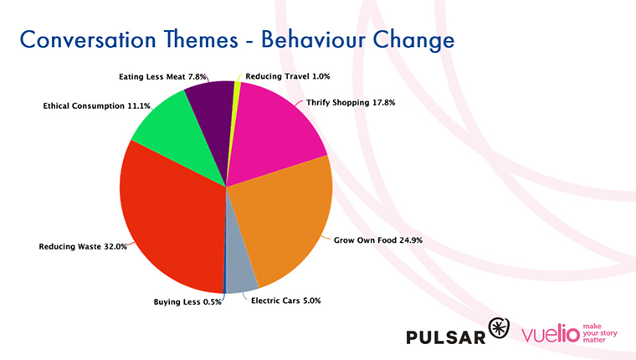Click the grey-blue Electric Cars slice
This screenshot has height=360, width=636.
240,264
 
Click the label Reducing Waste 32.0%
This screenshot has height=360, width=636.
83,246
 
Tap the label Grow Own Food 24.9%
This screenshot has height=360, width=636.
378,240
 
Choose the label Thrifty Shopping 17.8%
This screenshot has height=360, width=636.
351,103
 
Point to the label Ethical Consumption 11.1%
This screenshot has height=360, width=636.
96,106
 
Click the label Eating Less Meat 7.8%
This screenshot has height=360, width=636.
162,77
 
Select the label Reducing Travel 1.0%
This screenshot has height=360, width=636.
288,76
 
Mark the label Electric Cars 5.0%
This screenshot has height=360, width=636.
286,301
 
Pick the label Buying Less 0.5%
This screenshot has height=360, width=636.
187,302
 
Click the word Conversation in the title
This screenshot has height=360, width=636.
88,40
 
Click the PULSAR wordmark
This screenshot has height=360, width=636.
446,337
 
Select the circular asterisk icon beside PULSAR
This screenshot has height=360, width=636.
499,328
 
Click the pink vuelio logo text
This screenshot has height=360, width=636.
551,334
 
